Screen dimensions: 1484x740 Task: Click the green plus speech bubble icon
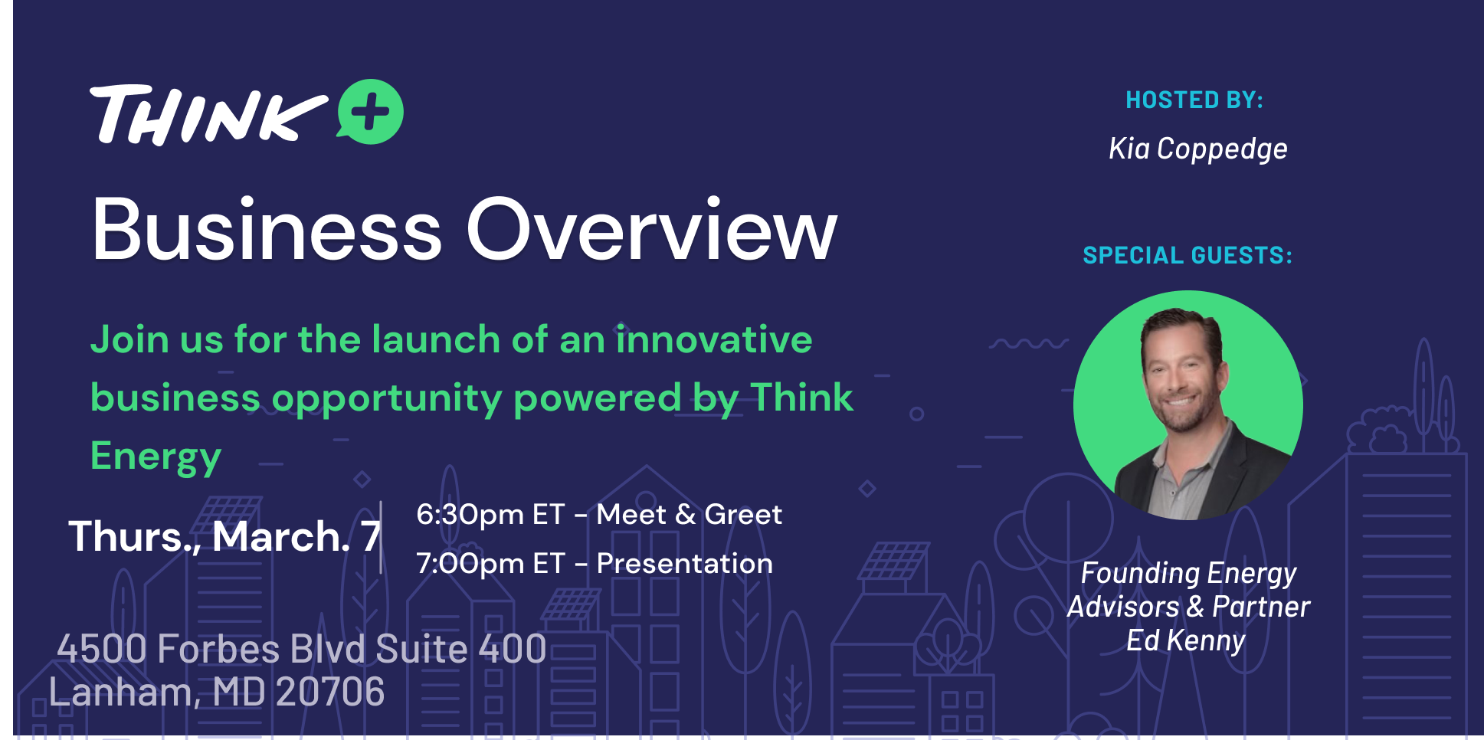(371, 112)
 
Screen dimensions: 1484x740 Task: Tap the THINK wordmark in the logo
(208, 115)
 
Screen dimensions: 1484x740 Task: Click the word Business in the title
(267, 231)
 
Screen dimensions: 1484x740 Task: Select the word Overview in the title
(652, 231)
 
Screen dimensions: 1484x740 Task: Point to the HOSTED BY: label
(1194, 100)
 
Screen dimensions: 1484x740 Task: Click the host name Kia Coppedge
(1198, 149)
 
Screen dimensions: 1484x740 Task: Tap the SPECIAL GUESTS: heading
(1188, 255)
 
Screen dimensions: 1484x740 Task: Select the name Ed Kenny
(1186, 640)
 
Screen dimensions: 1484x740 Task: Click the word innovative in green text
(714, 339)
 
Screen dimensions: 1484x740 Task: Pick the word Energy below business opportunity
(156, 457)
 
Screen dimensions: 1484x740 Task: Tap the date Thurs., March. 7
(224, 536)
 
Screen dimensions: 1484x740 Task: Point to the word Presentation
(685, 564)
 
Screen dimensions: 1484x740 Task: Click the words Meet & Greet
(690, 515)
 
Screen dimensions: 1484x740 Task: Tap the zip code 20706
(330, 693)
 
